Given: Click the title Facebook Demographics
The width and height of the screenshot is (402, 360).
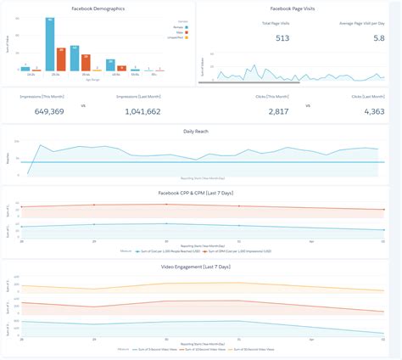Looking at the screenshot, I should coord(98,8).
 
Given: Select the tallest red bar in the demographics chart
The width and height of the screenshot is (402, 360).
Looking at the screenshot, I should coord(61,60).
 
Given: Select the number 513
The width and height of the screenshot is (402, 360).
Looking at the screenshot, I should coord(282,38).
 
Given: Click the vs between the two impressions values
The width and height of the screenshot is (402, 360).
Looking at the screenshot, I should coord(82,105).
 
